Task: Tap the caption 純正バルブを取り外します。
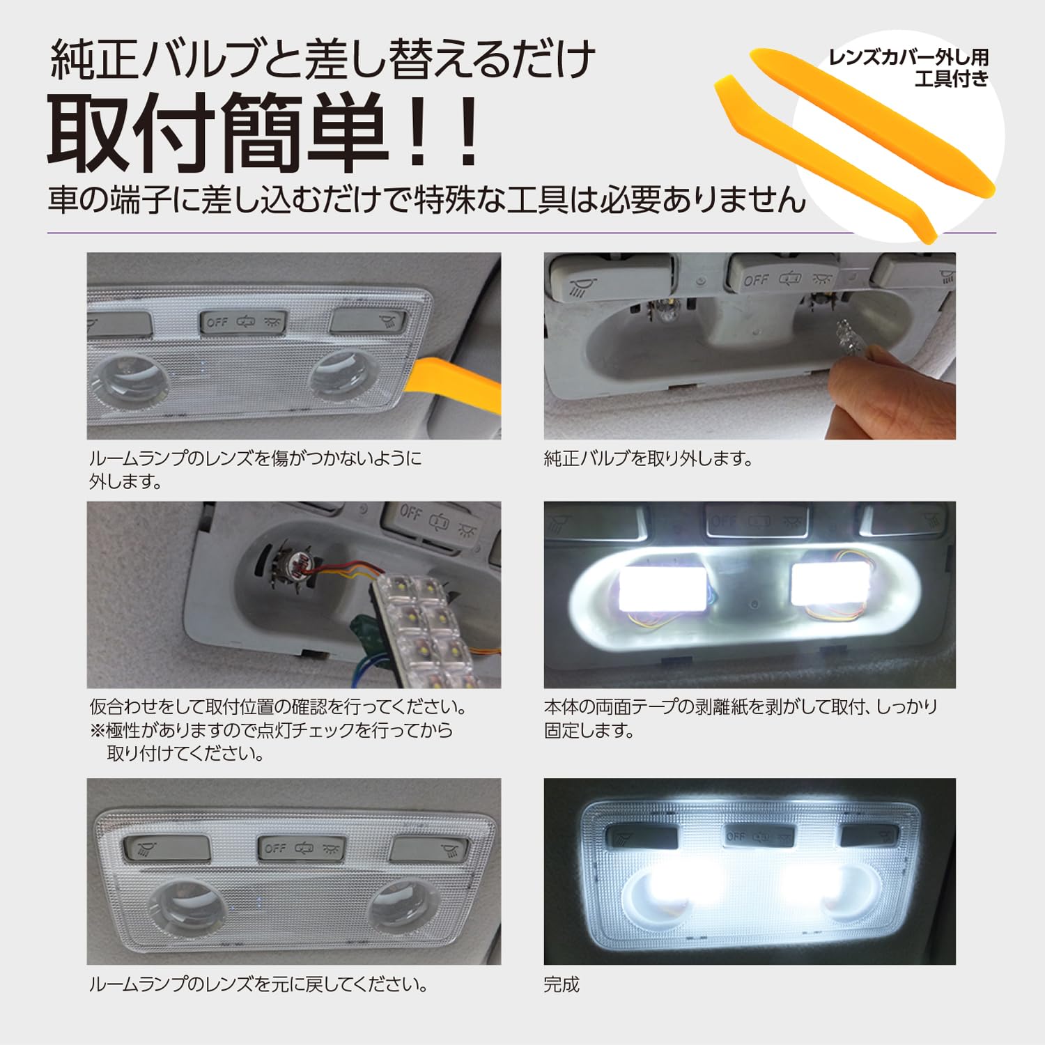tap(648, 459)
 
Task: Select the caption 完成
tap(562, 984)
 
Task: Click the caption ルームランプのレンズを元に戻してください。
tap(258, 984)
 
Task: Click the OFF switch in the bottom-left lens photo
tap(275, 848)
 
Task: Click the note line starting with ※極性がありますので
tap(272, 730)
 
